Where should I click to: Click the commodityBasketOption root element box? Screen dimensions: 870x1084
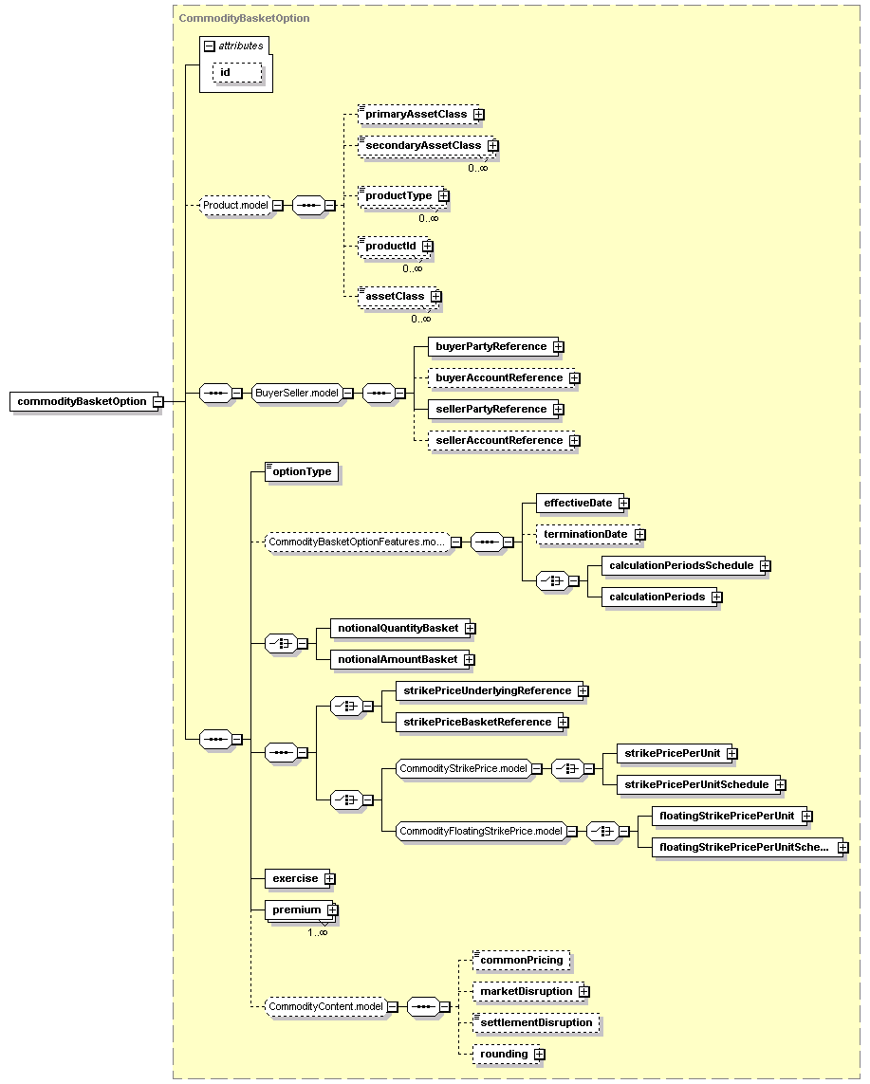[82, 402]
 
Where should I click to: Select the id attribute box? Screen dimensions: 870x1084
[238, 73]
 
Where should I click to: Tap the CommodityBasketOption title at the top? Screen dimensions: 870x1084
[244, 18]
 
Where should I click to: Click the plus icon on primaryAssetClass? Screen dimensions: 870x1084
[478, 114]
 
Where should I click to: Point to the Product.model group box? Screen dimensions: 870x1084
[235, 205]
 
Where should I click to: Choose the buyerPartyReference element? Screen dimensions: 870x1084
[491, 346]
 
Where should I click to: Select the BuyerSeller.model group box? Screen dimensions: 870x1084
[297, 393]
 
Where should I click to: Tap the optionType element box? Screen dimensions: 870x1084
[302, 471]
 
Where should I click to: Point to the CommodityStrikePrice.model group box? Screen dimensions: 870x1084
[463, 769]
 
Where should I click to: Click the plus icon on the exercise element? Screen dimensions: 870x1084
[330, 879]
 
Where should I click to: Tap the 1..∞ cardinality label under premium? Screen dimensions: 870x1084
[318, 932]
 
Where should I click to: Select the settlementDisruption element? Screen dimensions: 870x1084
[536, 1022]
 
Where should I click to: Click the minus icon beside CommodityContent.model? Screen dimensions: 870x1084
[392, 1007]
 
